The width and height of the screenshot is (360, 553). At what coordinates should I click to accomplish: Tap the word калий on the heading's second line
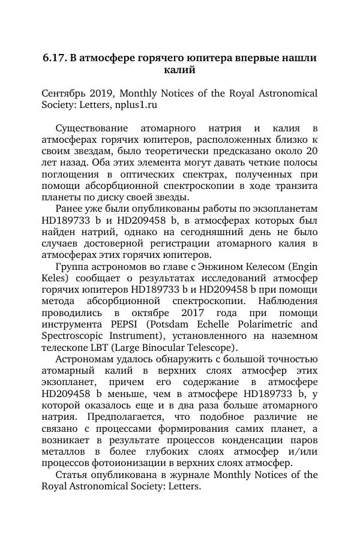tap(179, 71)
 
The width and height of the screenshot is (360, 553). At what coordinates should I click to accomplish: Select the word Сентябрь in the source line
tap(63, 94)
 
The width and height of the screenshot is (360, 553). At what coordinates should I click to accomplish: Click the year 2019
tap(103, 94)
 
